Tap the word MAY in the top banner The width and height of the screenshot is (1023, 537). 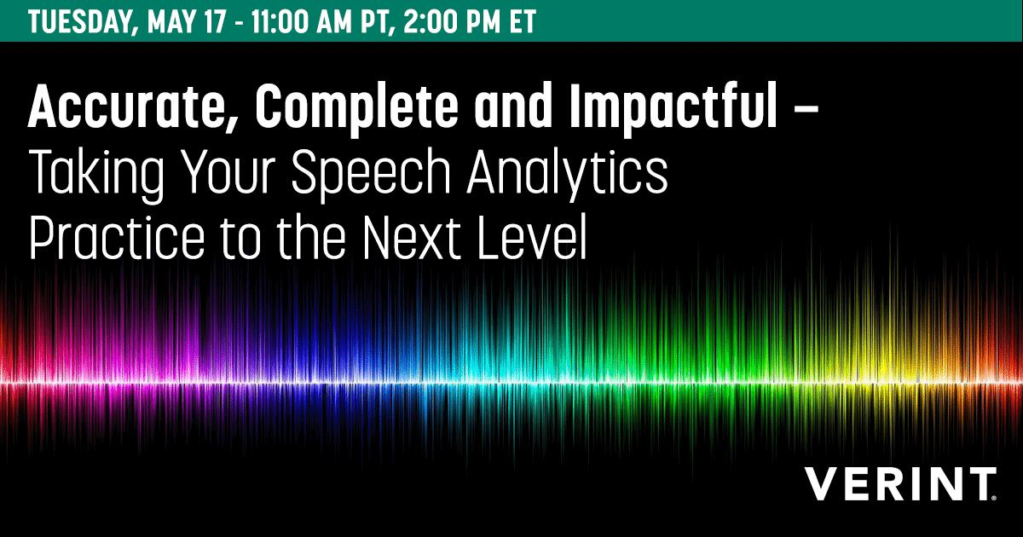174,21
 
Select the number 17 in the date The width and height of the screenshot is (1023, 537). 217,21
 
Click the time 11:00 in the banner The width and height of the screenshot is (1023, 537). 280,21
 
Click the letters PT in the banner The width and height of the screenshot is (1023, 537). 379,22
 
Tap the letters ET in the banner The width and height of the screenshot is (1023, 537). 523,21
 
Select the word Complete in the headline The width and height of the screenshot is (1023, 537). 356,110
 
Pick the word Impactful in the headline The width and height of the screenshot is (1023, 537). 673,110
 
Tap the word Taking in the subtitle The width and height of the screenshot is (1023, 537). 97,176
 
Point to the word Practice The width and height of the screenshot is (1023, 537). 117,239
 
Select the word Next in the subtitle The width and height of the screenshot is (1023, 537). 412,239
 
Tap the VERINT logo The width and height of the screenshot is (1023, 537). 900,483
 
